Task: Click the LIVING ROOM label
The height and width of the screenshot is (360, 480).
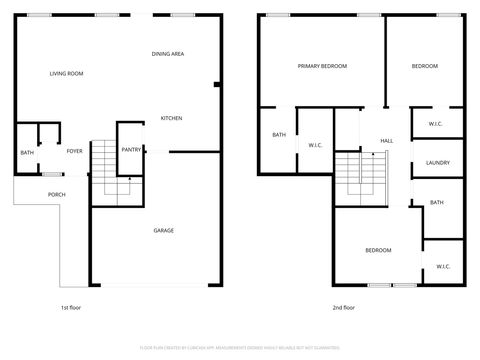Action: [66, 74]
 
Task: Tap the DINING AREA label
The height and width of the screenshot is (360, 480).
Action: [168, 54]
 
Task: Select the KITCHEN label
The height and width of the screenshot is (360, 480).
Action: [171, 119]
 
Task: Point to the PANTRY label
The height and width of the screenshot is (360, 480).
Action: [131, 149]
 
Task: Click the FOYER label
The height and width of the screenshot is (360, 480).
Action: [75, 151]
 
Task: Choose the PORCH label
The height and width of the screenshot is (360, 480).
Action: [57, 194]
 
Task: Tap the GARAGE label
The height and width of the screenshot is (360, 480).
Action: [163, 231]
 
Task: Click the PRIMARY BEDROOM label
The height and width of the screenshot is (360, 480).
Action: [322, 66]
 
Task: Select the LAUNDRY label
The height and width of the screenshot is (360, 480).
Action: [437, 163]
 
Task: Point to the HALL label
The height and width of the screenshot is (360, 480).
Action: [388, 141]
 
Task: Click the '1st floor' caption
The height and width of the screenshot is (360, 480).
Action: [71, 307]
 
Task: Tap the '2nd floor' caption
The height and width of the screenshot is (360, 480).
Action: [343, 307]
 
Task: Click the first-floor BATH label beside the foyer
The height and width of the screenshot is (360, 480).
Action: [27, 153]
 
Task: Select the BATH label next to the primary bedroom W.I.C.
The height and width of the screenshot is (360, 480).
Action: [279, 136]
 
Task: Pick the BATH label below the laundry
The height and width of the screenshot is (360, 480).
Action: [437, 203]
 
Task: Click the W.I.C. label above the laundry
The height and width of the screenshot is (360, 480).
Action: [435, 124]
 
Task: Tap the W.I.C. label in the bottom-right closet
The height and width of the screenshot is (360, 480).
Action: [443, 266]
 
